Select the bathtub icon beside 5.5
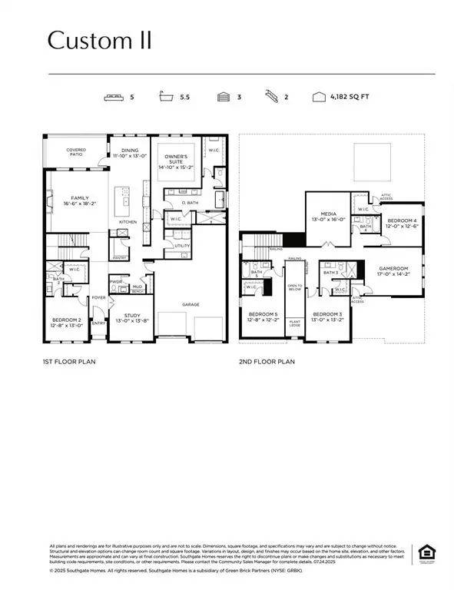pyautogui.click(x=166, y=98)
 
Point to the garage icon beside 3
pyautogui.click(x=224, y=98)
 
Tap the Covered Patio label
pyautogui.click(x=76, y=152)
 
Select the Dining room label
pyautogui.click(x=127, y=152)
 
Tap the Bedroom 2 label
pyautogui.click(x=67, y=323)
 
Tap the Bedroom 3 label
pyautogui.click(x=326, y=317)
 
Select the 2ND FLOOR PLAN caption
pyautogui.click(x=267, y=361)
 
